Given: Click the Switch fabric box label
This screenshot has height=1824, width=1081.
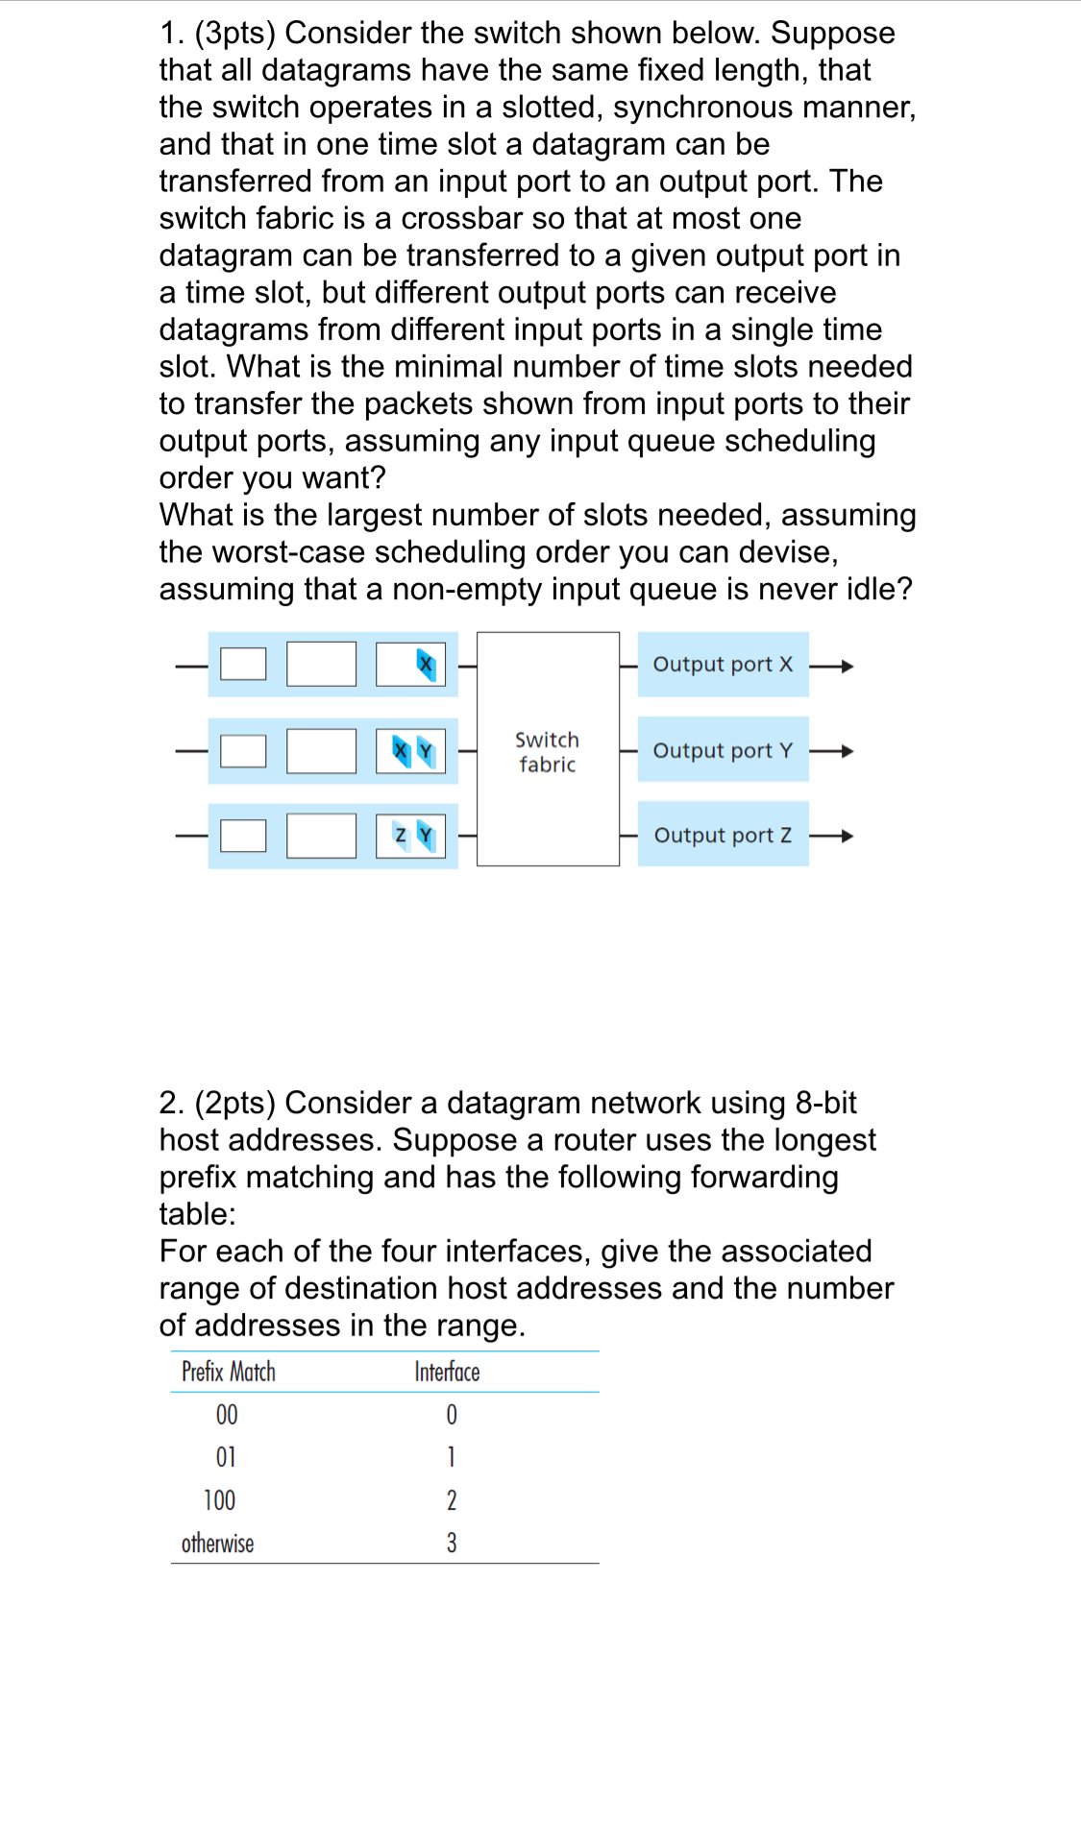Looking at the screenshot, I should click(x=547, y=752).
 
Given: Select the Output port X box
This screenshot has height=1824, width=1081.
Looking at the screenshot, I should click(x=723, y=665).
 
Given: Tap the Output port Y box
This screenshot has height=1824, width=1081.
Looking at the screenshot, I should click(x=723, y=750).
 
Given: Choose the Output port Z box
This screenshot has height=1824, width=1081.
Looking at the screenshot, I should click(x=723, y=835).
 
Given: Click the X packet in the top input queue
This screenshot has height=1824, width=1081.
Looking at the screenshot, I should click(x=426, y=664).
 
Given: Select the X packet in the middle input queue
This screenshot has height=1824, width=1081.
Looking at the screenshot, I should click(x=402, y=750).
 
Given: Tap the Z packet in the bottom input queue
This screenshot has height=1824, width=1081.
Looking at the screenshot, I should click(x=401, y=836).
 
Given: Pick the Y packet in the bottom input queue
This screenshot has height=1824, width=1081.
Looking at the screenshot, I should click(x=426, y=836).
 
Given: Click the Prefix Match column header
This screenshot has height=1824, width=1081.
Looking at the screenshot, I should click(x=229, y=1372).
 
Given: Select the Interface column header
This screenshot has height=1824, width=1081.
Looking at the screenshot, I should click(x=447, y=1372).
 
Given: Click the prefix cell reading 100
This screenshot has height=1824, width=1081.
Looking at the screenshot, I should click(x=219, y=1500).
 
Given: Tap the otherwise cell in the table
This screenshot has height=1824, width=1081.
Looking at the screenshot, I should click(x=218, y=1544).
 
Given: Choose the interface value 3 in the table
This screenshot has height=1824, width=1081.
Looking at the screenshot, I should click(x=452, y=1544).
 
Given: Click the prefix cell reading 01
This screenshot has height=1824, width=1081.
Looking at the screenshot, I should click(x=226, y=1457).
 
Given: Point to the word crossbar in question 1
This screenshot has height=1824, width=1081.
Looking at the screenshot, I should click(x=462, y=219).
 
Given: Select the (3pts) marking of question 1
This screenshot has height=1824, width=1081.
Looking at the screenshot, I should click(x=234, y=34).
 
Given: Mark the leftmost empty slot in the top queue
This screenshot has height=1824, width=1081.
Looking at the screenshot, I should click(x=243, y=664).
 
